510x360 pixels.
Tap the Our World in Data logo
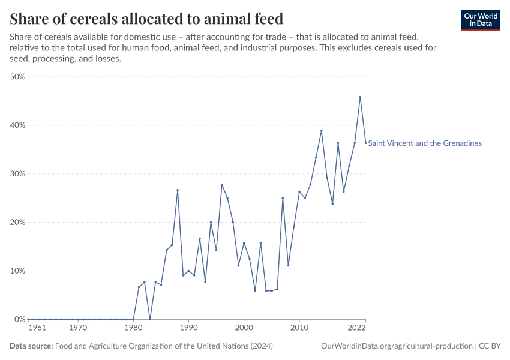(x=481, y=20)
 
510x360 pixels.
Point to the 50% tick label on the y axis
(x=17, y=77)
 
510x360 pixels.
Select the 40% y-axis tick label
(x=17, y=125)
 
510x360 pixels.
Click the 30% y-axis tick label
(x=17, y=174)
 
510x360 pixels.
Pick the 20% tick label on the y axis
(x=17, y=223)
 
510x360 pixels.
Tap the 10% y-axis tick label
(x=17, y=271)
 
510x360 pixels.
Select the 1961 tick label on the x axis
(x=37, y=329)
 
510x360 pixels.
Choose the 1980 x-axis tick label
(x=133, y=329)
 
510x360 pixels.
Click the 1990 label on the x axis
(x=188, y=329)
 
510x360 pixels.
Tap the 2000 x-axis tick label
(x=244, y=329)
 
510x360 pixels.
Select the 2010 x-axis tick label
(x=299, y=329)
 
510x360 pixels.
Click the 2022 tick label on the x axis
(x=357, y=329)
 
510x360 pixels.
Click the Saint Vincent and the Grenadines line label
(x=425, y=143)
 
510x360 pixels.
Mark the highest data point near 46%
(x=360, y=97)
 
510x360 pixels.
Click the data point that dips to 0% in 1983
(x=150, y=319)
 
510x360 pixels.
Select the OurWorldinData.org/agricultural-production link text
(x=397, y=346)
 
